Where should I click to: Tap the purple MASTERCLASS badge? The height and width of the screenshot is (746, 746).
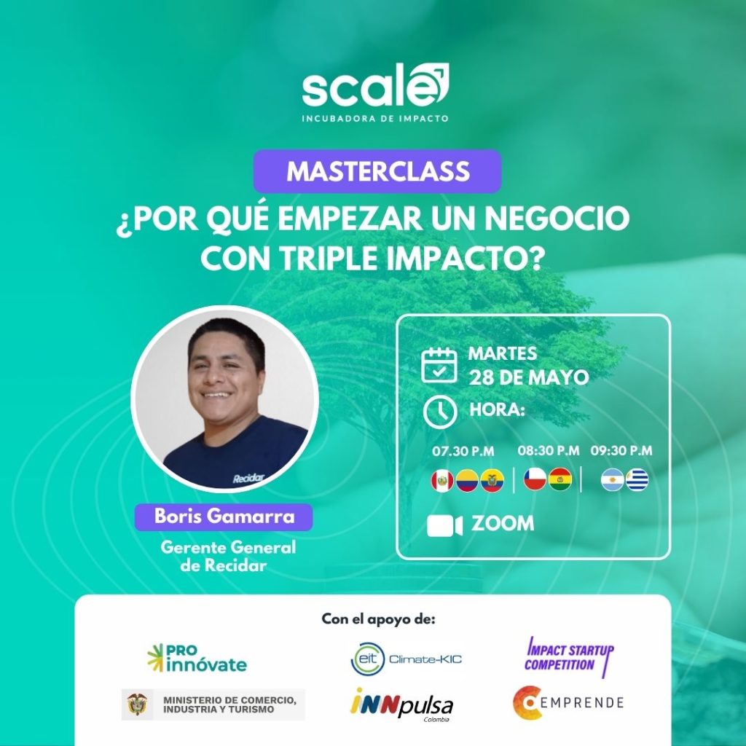pos(377,171)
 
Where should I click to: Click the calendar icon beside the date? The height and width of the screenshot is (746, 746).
pos(439,365)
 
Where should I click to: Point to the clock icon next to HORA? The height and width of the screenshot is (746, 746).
pos(440,412)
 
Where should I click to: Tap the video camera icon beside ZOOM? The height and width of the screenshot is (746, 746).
pos(444,525)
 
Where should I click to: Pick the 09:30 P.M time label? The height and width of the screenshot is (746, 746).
pos(621,450)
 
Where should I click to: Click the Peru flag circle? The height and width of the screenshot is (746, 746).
pos(442,481)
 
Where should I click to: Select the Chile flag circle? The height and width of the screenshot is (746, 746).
pos(535,479)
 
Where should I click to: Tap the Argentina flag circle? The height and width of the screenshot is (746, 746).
pos(612,479)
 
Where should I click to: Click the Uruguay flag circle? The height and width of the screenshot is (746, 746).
pos(637,479)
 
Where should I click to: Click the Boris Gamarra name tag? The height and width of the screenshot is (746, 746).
pos(224,517)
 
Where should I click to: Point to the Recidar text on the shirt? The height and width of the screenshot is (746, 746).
pos(248,478)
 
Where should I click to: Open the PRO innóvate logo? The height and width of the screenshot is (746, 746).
pos(197,658)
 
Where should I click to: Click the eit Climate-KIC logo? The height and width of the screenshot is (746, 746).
pos(407,659)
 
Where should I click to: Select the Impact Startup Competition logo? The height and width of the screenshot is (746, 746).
pos(570,656)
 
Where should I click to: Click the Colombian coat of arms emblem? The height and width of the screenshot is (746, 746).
pos(137,704)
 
